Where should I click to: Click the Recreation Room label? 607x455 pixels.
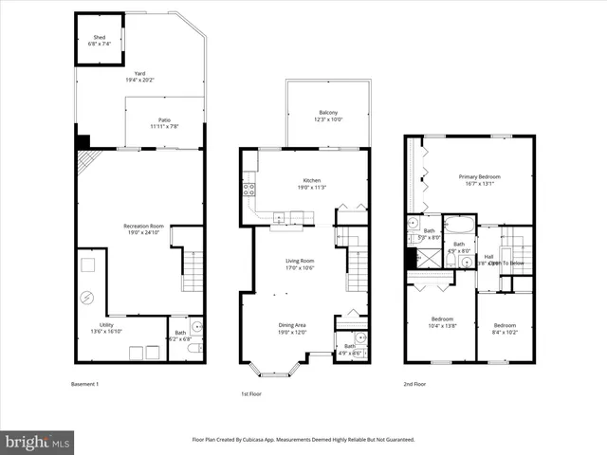click(x=143, y=226)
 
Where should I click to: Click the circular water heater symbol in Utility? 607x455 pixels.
click(x=88, y=298)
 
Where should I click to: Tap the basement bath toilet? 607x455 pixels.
click(x=193, y=350)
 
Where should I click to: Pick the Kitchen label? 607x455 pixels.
click(x=312, y=180)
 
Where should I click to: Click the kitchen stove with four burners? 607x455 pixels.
click(x=250, y=189)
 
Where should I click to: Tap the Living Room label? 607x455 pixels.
click(x=300, y=261)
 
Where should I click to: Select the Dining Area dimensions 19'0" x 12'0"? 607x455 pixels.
click(x=292, y=332)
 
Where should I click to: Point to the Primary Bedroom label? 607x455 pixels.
click(x=480, y=176)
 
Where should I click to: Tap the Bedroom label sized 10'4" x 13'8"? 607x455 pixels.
click(x=441, y=318)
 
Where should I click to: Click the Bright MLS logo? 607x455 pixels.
click(x=38, y=442)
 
